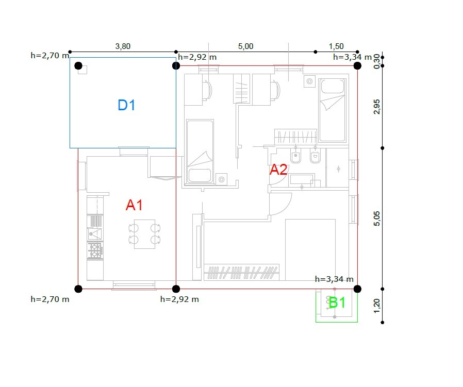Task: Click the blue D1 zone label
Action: click(x=126, y=105)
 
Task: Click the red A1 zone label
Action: click(x=135, y=205)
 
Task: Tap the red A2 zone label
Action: click(x=278, y=170)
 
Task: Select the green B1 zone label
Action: click(x=337, y=302)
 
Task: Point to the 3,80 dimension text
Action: click(x=123, y=46)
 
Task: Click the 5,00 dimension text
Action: click(x=245, y=46)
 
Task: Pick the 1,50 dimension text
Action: click(x=336, y=46)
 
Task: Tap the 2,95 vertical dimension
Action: click(x=377, y=107)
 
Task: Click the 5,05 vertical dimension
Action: click(x=377, y=218)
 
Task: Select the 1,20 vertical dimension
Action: click(x=377, y=306)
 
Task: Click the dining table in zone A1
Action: click(x=145, y=234)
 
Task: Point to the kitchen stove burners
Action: click(x=95, y=250)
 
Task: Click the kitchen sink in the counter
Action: click(x=95, y=234)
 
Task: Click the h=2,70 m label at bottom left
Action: click(x=50, y=299)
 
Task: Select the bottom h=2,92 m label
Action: click(x=179, y=299)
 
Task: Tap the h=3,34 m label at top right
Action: click(x=352, y=57)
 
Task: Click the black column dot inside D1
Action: click(x=78, y=66)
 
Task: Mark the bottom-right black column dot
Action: click(x=357, y=289)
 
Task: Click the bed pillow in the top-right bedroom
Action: click(x=333, y=87)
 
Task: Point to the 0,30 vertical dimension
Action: click(x=377, y=61)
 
